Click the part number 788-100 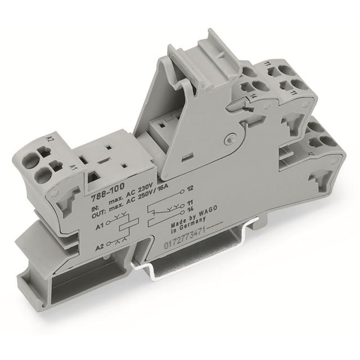click(105, 192)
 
